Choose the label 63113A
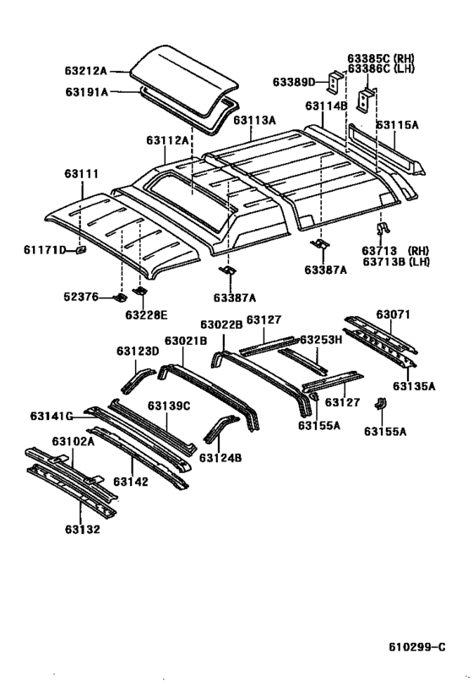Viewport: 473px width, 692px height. coord(255,120)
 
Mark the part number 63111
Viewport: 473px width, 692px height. coord(81,174)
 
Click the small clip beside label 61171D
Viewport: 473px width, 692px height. coord(81,249)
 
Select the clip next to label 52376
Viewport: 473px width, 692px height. coord(120,297)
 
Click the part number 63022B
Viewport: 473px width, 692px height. coord(221,324)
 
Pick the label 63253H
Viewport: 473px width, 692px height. coord(321,339)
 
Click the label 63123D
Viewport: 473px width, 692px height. coord(137,351)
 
